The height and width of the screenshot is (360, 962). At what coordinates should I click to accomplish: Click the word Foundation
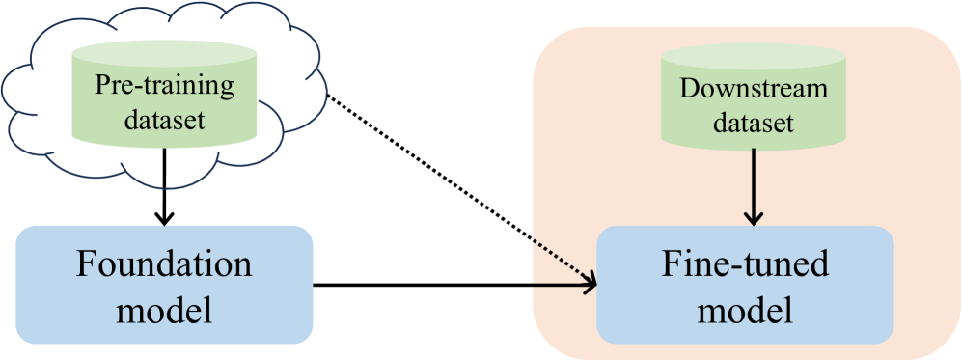pos(165,265)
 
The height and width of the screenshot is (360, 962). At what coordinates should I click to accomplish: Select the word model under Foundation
pos(165,310)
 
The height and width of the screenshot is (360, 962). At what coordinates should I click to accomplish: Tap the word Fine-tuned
pos(745,265)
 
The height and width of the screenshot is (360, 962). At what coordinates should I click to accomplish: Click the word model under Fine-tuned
pos(745,310)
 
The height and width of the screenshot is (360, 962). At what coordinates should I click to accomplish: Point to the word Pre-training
pos(164,87)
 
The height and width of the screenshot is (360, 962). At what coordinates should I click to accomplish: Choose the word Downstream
pos(754,89)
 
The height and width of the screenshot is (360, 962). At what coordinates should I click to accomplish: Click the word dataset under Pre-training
pos(164,122)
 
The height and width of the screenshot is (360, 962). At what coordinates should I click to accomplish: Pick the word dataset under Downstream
pos(754,123)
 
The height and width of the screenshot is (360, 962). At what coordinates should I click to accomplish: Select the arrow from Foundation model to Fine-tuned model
pos(454,286)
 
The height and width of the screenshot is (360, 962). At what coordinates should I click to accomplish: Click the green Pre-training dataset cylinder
pos(164,97)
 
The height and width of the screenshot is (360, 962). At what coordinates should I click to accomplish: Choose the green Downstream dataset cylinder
pos(754,101)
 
